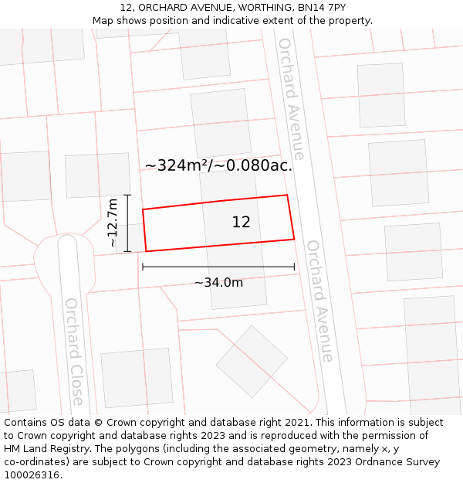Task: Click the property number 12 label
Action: (241, 222)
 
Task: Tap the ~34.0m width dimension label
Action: (218, 283)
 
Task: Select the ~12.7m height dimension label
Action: (113, 223)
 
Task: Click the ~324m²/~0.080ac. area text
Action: (218, 165)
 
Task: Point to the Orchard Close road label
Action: (74, 351)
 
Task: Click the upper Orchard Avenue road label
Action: (292, 98)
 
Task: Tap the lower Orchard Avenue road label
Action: (319, 301)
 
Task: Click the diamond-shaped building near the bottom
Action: (252, 361)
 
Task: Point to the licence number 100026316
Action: (33, 475)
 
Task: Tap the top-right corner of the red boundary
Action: (287, 195)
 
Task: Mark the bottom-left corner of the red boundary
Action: (146, 251)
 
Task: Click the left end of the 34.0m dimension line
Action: (143, 267)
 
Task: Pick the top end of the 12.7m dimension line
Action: (128, 195)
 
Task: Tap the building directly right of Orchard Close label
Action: (137, 377)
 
